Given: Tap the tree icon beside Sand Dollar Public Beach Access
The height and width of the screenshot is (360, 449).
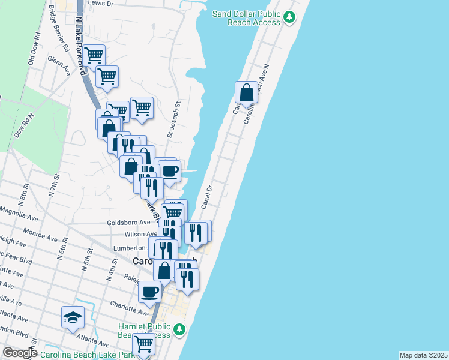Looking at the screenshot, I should click(x=290, y=16).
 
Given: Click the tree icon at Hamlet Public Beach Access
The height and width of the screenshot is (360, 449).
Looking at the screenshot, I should click(x=179, y=329).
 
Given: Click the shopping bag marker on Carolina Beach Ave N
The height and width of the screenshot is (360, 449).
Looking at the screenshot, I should click(x=246, y=92).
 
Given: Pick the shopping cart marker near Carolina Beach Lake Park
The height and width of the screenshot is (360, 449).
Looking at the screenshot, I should click(x=144, y=344).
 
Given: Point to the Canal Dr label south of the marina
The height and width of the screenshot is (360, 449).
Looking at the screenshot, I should click(x=207, y=196).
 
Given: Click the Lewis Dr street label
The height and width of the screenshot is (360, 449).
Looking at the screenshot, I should click(x=100, y=3).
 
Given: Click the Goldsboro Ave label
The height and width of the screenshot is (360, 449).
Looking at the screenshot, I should click(x=128, y=222).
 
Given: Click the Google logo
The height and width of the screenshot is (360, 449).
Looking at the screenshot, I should click(x=19, y=352).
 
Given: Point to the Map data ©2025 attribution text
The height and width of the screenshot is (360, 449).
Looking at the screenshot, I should click(x=424, y=355).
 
